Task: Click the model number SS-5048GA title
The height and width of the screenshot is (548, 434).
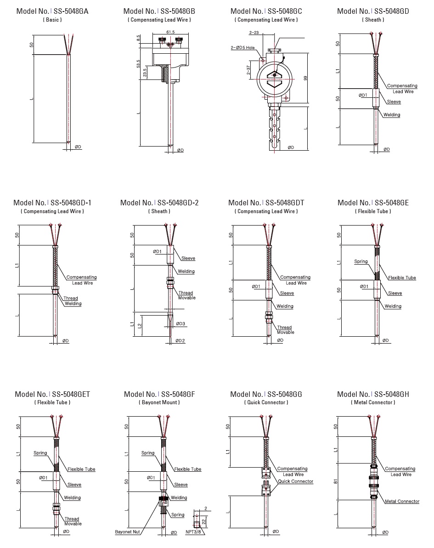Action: (52, 11)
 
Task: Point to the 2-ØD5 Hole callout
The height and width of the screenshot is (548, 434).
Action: (244, 47)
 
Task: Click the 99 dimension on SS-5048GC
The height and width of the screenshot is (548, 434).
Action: (305, 79)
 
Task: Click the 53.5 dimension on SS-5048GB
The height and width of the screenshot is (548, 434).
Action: (139, 63)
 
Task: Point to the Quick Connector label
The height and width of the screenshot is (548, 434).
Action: (295, 481)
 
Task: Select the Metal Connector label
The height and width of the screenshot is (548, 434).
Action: (402, 501)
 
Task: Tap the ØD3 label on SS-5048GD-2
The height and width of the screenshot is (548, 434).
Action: (181, 324)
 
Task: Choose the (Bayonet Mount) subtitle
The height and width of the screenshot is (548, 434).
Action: (159, 402)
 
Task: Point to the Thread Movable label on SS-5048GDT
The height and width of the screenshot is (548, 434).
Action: (284, 330)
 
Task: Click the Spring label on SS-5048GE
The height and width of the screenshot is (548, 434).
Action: (361, 261)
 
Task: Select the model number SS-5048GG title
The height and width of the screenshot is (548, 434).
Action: (266, 394)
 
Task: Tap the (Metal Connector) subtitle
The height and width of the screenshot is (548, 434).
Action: (373, 402)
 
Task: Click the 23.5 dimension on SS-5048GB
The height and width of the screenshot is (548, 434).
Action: (146, 73)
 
